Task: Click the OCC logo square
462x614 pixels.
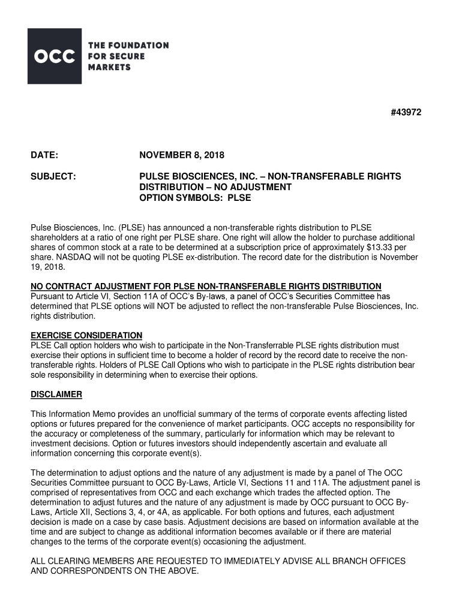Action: [x=54, y=56]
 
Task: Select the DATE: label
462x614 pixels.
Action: [x=44, y=156]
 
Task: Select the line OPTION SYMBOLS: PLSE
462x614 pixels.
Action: [x=195, y=197]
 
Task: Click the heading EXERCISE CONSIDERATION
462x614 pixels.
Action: [x=86, y=335]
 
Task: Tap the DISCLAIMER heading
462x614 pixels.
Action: [x=56, y=395]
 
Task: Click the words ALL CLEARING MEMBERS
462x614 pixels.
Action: [x=87, y=561]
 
